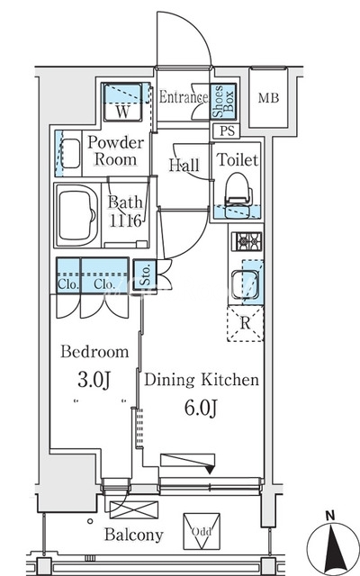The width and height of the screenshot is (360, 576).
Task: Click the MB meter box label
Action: (268, 98)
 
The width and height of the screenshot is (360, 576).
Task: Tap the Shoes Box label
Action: (223, 102)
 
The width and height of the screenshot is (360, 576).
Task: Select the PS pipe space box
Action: (227, 131)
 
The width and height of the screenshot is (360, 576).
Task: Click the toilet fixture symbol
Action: (238, 194)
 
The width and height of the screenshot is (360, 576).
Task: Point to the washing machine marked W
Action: (122, 103)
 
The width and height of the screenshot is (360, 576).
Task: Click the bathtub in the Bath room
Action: (77, 215)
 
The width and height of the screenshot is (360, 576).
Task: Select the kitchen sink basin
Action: (246, 283)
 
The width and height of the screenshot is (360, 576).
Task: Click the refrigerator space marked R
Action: (245, 324)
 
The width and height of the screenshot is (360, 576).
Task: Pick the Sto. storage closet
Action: (146, 274)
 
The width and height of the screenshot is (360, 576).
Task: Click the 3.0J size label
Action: (94, 380)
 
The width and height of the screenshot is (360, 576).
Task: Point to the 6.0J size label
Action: (201, 408)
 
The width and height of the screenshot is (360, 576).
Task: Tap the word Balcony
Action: (134, 535)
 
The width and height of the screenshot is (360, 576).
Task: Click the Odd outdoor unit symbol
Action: (202, 531)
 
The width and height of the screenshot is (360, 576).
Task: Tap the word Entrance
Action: (184, 97)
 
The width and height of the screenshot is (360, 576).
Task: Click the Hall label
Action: (184, 165)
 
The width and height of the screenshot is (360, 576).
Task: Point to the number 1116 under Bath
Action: (125, 220)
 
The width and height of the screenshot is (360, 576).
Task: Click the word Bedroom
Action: (94, 352)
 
